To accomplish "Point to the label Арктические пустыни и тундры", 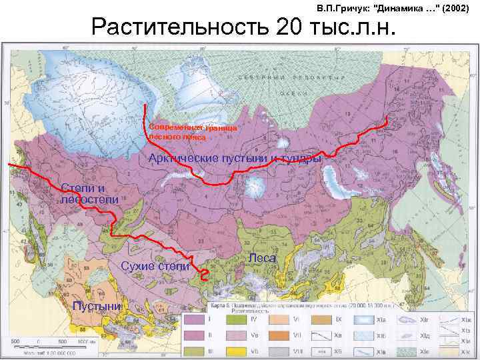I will point(235,159).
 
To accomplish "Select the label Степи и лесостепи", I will point(89,193).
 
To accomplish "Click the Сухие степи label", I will point(155,267).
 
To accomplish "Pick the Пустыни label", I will point(97,306).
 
